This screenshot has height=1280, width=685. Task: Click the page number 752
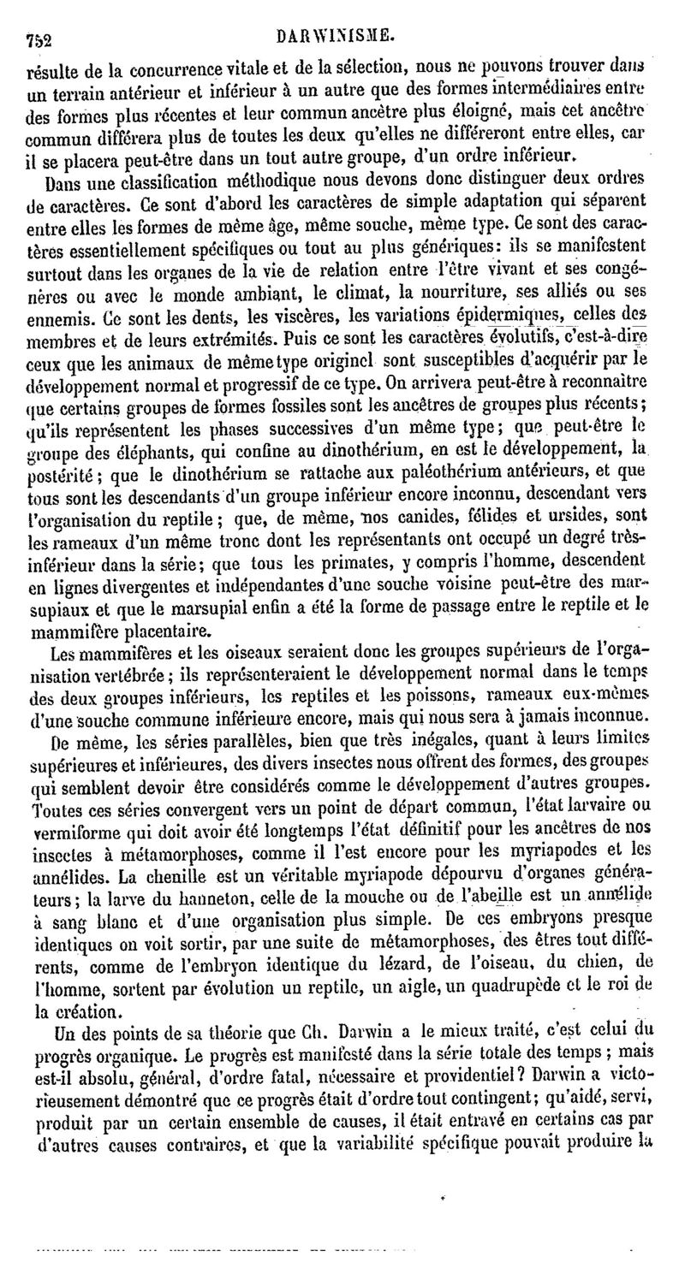[39, 38]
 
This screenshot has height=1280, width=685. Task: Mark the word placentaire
[162, 631]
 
